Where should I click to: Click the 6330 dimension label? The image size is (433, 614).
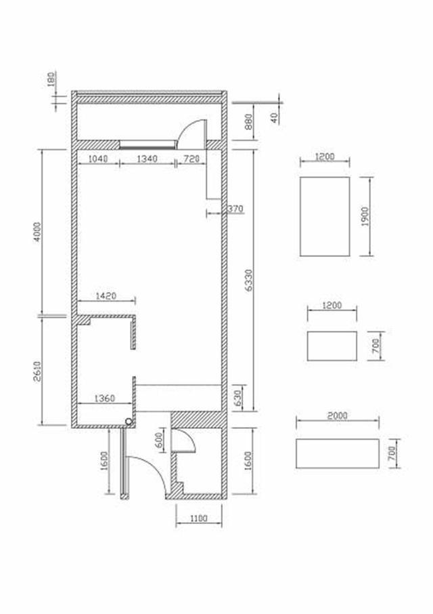(250, 280)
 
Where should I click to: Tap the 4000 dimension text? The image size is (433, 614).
(37, 232)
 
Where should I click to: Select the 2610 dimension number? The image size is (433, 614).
(37, 371)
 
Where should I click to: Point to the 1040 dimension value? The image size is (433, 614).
(97, 159)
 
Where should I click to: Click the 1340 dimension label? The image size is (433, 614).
(147, 159)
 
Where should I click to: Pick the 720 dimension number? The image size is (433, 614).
(191, 159)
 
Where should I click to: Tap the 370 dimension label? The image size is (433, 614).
(235, 209)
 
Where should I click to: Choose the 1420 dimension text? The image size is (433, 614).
(106, 295)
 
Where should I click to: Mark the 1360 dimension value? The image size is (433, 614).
(105, 398)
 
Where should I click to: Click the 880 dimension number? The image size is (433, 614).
(248, 121)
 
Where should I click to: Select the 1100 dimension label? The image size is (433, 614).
(198, 518)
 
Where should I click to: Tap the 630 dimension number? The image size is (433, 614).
(238, 398)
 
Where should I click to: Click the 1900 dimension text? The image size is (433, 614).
(365, 217)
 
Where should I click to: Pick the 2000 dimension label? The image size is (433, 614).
(337, 415)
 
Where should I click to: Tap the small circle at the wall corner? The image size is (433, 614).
(129, 422)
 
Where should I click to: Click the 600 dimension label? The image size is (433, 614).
(160, 441)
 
